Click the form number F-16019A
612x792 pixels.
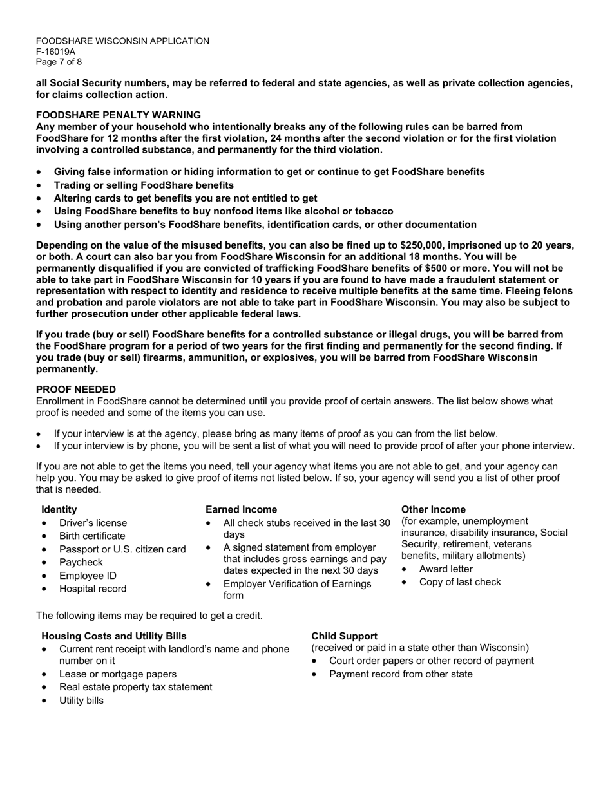coord(55,52)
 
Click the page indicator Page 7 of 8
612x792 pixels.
coord(59,62)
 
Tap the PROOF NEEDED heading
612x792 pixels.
coord(76,390)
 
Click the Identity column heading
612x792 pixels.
coord(59,509)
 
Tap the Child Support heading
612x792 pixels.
coord(344,636)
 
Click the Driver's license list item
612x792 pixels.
coord(93,523)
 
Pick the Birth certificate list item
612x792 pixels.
coord(92,536)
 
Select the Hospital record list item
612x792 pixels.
coord(93,589)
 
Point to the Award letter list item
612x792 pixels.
coord(445,569)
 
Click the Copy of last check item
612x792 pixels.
coord(459,582)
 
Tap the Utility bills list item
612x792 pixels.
coord(81,700)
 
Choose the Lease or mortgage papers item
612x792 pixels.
coord(117,674)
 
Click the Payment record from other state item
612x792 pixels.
coord(400,674)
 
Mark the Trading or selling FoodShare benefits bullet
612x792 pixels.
coord(144,185)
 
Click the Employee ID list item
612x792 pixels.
coord(88,576)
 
